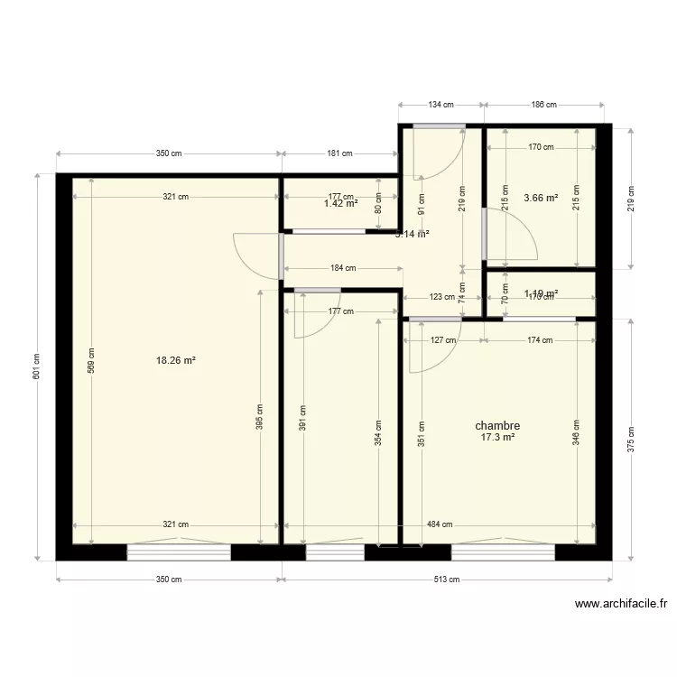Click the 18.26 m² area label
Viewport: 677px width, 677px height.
176,360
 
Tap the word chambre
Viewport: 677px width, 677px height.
497,426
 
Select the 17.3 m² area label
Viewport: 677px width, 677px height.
497,438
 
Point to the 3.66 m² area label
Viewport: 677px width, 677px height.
541,197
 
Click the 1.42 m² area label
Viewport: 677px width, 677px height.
341,204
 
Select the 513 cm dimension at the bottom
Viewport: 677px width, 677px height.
447,580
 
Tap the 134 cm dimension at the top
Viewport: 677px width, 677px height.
441,105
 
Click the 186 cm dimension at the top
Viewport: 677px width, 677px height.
544,105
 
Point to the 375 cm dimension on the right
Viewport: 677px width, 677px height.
631,439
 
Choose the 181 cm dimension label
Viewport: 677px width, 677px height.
339,153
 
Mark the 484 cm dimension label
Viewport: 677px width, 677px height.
440,524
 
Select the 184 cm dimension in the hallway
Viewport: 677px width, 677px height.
344,267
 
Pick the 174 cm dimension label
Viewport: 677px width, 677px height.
540,340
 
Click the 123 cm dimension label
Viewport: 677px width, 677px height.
441,296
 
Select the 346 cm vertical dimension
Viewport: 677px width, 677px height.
576,433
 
